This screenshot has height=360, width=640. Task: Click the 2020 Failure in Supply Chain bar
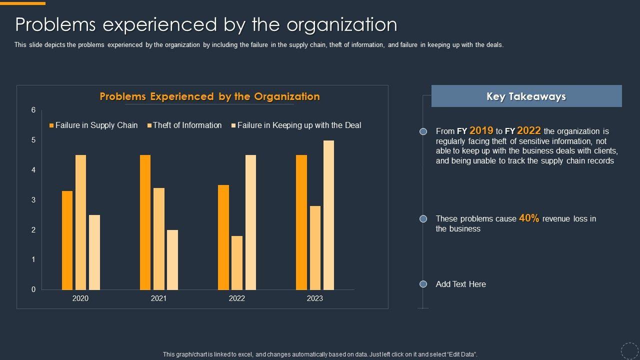pos(67,240)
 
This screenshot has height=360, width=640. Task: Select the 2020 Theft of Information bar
pos(80,222)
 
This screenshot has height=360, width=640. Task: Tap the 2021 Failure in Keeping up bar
pos(172,259)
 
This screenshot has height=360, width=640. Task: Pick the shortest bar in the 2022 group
pos(237,262)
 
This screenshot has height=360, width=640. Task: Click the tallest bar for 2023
pos(328,215)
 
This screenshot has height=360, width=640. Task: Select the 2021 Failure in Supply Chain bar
pos(145,222)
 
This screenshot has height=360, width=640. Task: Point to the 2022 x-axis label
pos(237,298)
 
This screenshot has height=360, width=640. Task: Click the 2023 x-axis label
pos(315,298)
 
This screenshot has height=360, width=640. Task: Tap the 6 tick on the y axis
pos(33,110)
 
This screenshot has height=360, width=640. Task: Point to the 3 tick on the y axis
pos(33,200)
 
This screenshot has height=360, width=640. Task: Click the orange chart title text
pos(209,96)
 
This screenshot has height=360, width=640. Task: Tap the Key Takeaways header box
pos(526,96)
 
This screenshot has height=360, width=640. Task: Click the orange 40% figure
pos(529,218)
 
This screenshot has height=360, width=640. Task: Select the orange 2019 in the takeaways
pos(481,130)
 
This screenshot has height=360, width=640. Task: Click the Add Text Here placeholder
pos(460,284)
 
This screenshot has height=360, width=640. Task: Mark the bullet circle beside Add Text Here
pos(423,284)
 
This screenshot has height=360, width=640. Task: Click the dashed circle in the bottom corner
pos(629,350)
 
